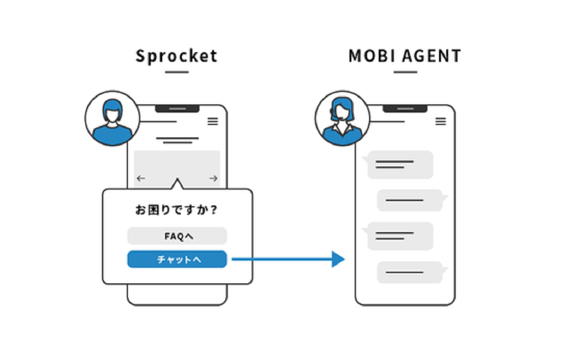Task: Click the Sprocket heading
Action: point(177,56)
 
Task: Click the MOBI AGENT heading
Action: point(405,56)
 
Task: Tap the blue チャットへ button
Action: point(177,259)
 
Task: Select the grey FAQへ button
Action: point(177,236)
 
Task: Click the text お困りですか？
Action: point(177,210)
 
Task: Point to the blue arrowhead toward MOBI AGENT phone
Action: point(338,259)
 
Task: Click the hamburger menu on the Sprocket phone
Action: point(213,121)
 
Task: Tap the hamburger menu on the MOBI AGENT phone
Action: point(441,121)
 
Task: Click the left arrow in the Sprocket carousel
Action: point(141,179)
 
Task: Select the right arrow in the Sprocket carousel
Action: point(214,179)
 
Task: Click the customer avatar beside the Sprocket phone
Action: point(113,118)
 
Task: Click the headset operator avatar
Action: point(342,118)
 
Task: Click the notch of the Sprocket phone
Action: point(177,108)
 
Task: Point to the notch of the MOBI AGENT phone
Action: point(405,108)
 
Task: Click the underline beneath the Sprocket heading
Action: point(177,72)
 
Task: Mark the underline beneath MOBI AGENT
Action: point(405,72)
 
